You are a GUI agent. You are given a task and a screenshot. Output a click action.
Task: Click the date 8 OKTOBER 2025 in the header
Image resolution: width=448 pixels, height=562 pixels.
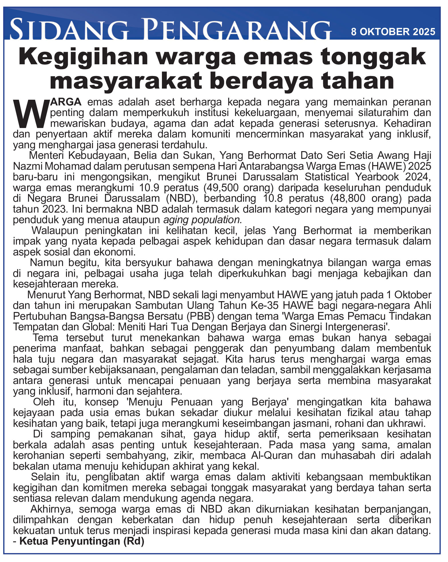393,31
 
